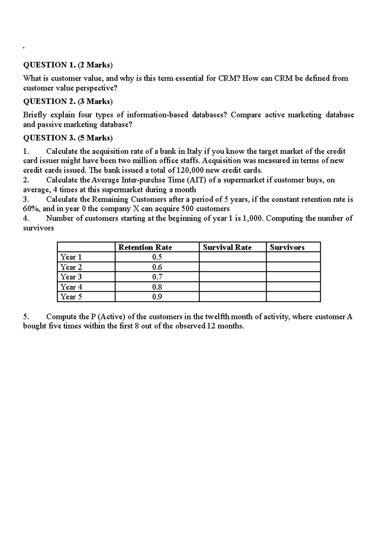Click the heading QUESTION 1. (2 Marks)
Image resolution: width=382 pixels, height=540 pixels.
tap(68, 65)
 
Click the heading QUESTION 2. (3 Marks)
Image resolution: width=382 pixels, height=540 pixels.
tap(68, 101)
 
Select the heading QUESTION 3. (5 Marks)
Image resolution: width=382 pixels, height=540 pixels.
tap(68, 138)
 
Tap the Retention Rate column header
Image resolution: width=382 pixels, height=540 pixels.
tap(145, 247)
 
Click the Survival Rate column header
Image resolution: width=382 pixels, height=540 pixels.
tap(227, 247)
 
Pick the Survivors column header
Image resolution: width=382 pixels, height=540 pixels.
tap(287, 247)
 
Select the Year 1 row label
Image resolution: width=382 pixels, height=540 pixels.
tap(71, 257)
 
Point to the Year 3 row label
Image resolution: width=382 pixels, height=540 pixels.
tap(71, 277)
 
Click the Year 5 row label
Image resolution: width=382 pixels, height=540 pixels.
tap(71, 297)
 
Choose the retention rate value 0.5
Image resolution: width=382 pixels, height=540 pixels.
tap(157, 257)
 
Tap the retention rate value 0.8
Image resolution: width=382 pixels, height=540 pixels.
tap(157, 287)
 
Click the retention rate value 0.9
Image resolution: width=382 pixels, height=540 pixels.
tap(157, 297)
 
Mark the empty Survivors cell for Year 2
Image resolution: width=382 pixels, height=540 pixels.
tap(293, 267)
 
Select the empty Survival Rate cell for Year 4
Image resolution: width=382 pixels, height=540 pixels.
tap(232, 287)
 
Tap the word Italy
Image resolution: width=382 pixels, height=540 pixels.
tap(194, 151)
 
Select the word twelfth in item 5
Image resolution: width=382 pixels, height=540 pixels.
tap(217, 317)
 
